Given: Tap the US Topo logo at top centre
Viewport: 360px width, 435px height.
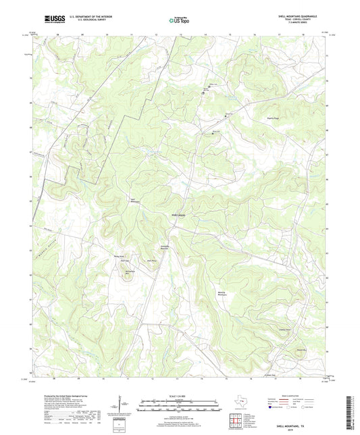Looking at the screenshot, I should [x=178, y=20].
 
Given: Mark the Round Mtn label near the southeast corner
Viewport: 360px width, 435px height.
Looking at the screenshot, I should [x=282, y=349].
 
